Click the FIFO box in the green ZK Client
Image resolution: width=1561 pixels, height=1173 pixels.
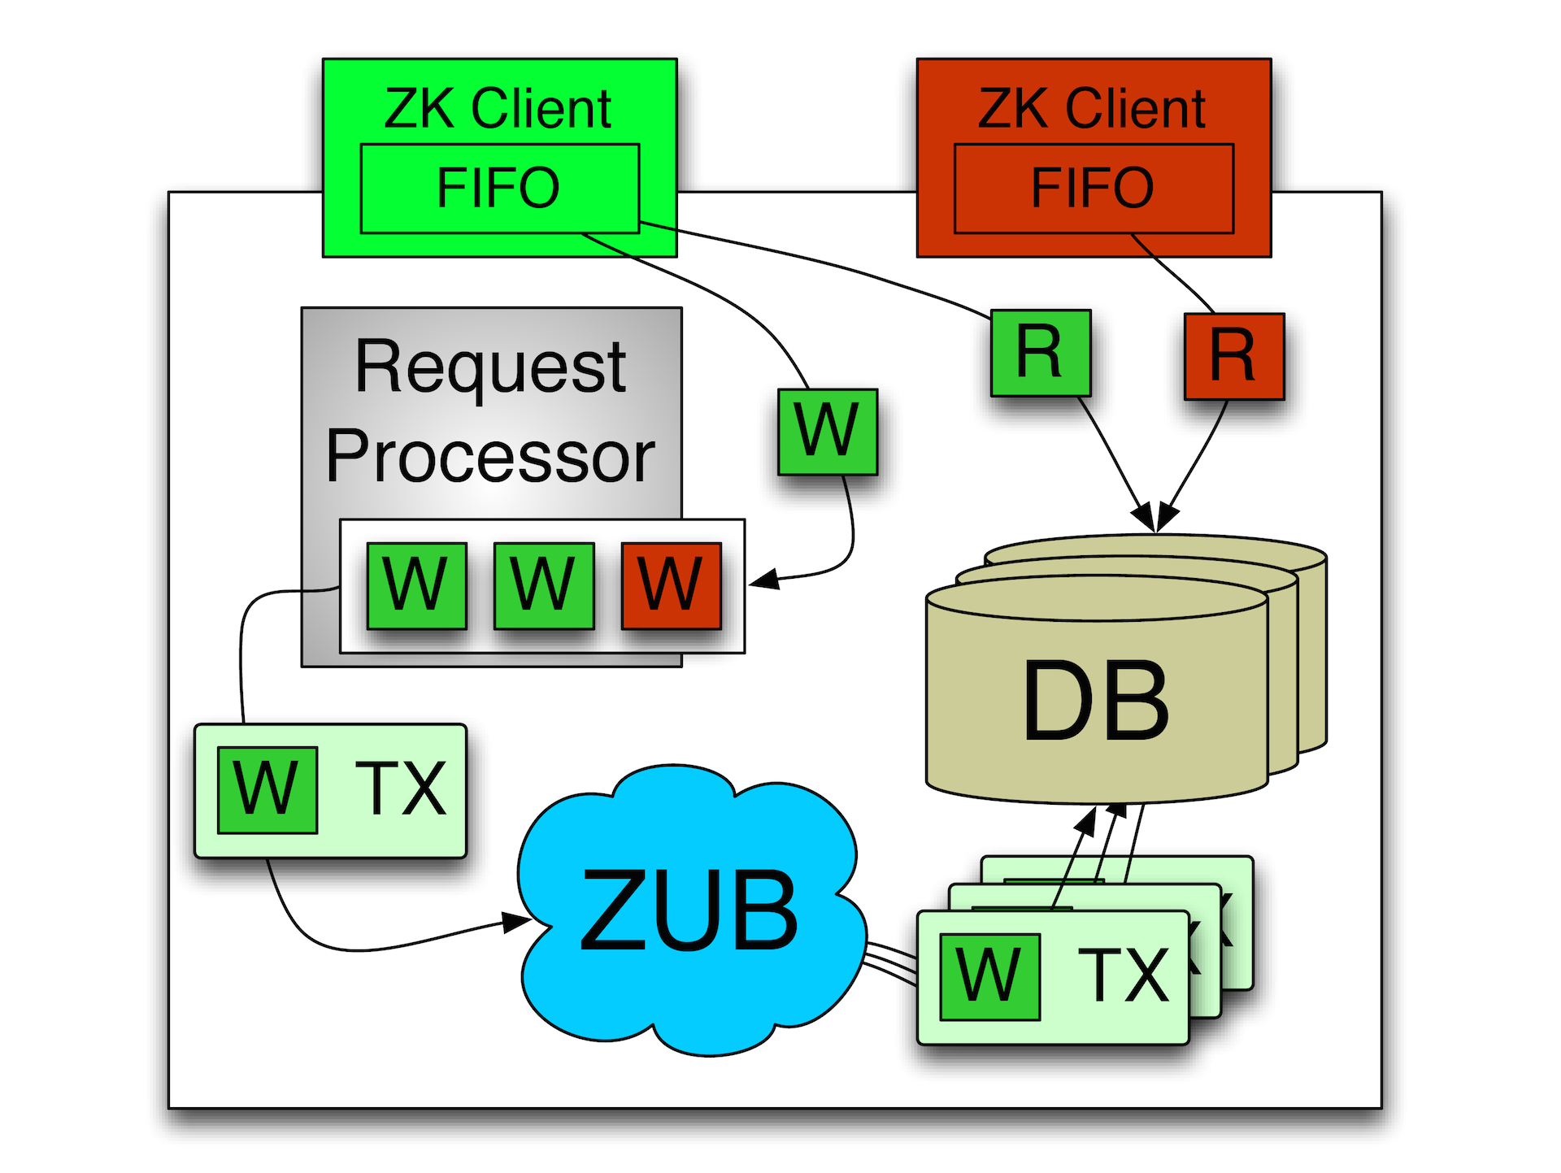[x=499, y=189]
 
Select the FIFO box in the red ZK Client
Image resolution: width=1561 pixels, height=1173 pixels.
[x=1094, y=189]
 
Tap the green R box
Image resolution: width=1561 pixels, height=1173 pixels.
[x=1040, y=353]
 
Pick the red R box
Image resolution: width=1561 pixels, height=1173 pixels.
[x=1233, y=356]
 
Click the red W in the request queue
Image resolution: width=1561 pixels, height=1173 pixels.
[x=671, y=585]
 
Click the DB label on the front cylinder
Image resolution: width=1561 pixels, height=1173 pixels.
[x=1096, y=701]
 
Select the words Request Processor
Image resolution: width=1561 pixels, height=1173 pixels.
[x=491, y=411]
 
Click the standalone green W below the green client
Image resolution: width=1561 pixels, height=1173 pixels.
[x=827, y=432]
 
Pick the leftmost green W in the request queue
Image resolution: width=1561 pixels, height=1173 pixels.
[x=416, y=585]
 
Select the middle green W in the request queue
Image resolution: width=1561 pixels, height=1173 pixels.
[x=543, y=585]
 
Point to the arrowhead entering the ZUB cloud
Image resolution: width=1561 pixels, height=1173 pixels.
[x=517, y=922]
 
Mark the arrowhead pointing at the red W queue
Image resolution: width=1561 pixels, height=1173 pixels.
[x=763, y=580]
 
